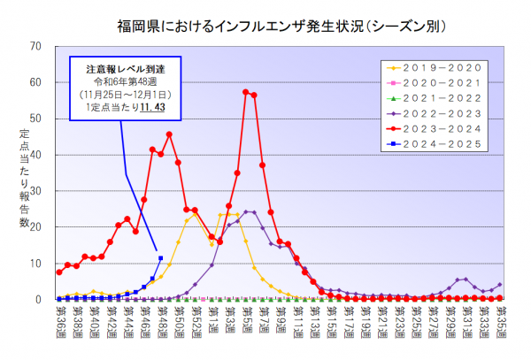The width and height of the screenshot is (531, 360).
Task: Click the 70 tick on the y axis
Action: (35, 46)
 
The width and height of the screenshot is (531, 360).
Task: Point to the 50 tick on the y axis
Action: (35, 119)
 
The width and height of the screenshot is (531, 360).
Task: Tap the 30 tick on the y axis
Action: (35, 191)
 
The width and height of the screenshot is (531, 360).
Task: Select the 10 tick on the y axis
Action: (35, 264)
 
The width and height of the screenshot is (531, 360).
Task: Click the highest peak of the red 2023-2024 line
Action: (245, 92)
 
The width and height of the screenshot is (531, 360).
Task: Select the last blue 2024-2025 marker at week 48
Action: (160, 258)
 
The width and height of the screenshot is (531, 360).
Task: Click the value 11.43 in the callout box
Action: (165, 107)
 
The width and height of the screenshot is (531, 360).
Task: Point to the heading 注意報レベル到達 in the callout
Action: (122, 67)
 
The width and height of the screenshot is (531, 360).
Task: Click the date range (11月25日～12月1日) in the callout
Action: (122, 94)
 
